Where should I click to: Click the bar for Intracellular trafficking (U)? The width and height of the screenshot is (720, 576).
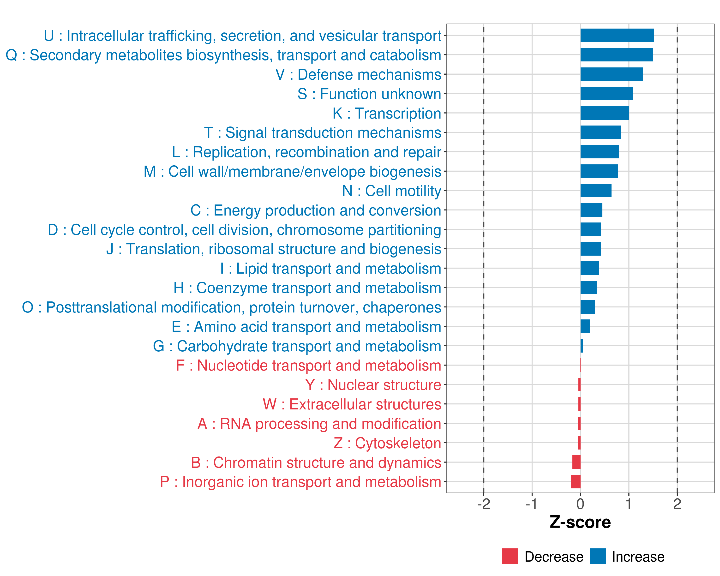click(617, 35)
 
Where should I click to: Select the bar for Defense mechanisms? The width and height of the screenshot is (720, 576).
click(612, 74)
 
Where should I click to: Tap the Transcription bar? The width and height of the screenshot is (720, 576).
click(605, 113)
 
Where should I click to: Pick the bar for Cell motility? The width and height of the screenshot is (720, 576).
click(596, 191)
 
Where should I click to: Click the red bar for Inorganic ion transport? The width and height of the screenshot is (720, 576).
click(576, 481)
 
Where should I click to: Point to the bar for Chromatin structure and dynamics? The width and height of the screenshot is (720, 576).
click(576, 462)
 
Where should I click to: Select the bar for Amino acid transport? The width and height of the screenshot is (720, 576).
click(585, 326)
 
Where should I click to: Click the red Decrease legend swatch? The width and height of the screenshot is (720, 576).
click(510, 556)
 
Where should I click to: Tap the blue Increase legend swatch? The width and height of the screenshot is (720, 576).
click(597, 556)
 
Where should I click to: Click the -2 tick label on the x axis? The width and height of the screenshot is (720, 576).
click(484, 504)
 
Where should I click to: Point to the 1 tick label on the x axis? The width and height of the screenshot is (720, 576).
click(629, 504)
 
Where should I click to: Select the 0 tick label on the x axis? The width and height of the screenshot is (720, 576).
click(580, 504)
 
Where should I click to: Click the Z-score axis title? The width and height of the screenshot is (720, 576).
click(580, 522)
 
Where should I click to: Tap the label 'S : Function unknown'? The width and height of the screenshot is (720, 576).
click(369, 94)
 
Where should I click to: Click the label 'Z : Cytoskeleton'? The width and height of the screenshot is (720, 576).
click(387, 443)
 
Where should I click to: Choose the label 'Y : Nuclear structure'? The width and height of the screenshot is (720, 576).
click(373, 385)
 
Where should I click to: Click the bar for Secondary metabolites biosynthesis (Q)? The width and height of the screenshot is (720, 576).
click(617, 55)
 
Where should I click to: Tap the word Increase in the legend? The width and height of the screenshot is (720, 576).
click(638, 557)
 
